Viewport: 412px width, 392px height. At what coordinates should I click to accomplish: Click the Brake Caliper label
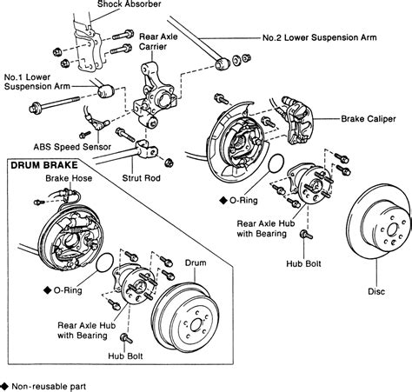tap(368, 119)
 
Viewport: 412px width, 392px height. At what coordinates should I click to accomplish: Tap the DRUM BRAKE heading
tap(44, 165)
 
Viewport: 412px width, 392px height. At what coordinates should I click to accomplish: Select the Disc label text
tap(376, 291)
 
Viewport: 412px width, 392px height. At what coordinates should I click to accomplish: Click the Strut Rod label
tap(141, 177)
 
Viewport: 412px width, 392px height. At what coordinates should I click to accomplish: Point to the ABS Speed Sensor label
tap(72, 147)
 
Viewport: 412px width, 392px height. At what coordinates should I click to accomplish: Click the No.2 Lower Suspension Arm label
tap(320, 37)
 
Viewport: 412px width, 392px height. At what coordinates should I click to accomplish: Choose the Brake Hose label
tap(69, 178)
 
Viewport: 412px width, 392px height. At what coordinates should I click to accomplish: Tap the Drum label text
tap(196, 262)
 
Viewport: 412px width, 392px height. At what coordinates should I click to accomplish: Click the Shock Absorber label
tap(129, 4)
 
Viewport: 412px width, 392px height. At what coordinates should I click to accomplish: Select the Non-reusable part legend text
tap(49, 387)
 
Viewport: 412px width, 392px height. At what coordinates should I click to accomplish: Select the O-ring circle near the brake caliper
tap(276, 163)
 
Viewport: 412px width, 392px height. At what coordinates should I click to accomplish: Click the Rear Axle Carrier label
tap(158, 42)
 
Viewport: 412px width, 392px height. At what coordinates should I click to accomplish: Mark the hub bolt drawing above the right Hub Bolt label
tap(306, 235)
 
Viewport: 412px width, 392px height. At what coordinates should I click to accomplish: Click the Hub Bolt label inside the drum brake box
tap(125, 355)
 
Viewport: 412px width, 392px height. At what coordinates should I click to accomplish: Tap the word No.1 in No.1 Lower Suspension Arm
tap(13, 77)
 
